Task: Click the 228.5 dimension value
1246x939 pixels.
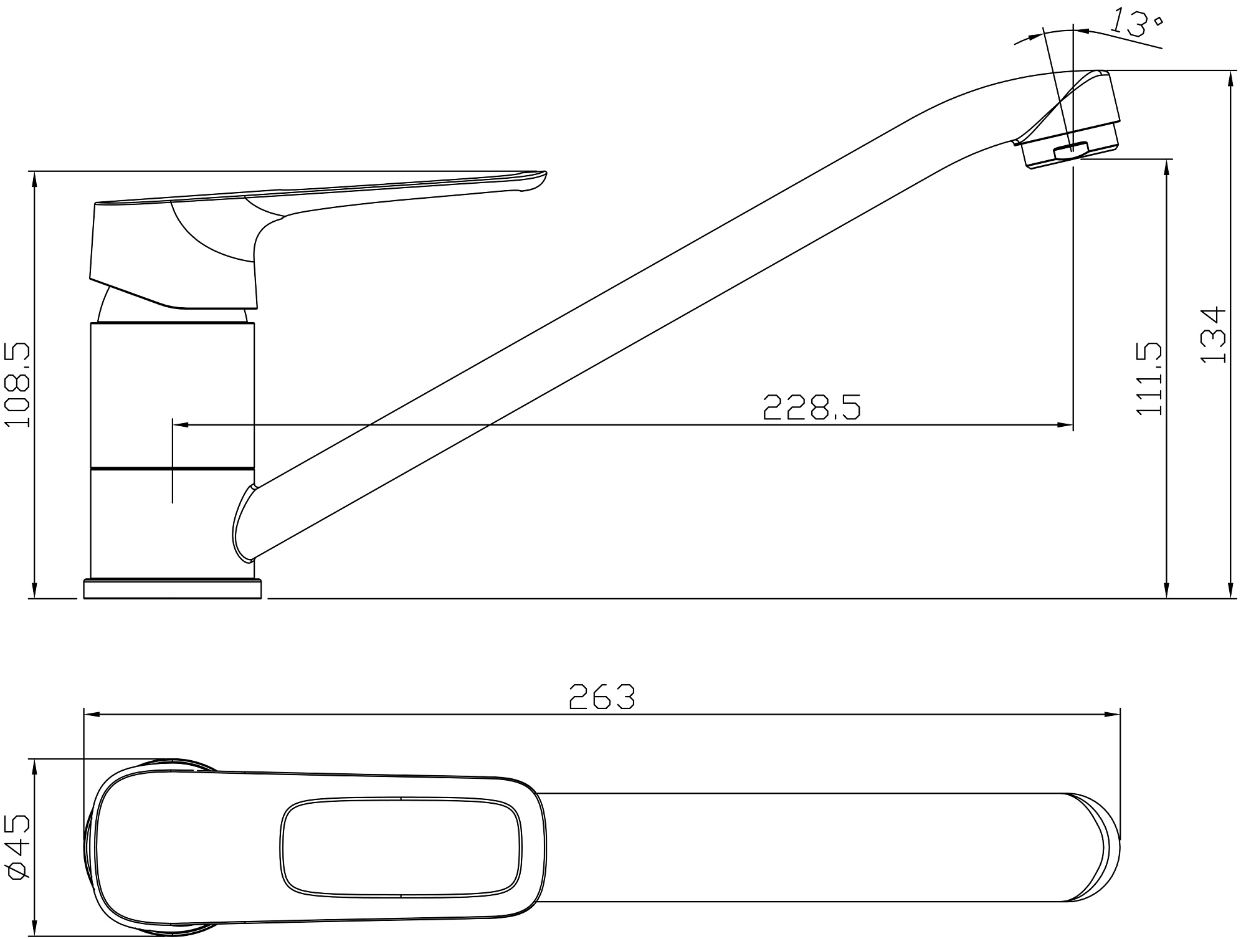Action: [x=812, y=406]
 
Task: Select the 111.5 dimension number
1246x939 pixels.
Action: [x=1149, y=378]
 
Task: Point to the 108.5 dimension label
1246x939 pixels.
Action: [x=17, y=384]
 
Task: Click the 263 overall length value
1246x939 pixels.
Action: [x=602, y=697]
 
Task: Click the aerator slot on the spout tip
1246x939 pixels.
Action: [x=1071, y=150]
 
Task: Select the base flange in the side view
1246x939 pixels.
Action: [x=173, y=589]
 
